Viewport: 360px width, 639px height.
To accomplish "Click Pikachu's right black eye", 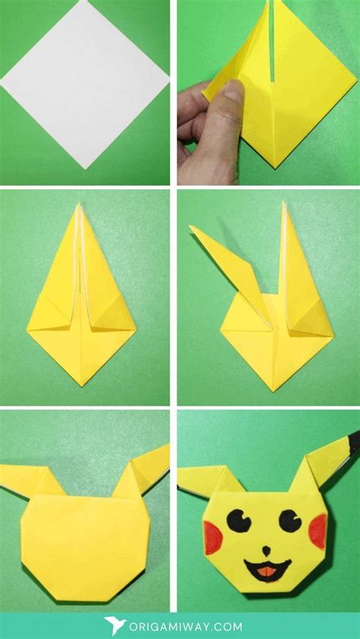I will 291,520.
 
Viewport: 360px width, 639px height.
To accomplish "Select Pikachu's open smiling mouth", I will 265,568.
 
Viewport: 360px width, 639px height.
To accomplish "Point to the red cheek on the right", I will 317,530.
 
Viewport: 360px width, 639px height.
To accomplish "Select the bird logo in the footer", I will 115,626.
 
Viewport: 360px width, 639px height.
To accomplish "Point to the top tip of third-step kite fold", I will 78,205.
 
